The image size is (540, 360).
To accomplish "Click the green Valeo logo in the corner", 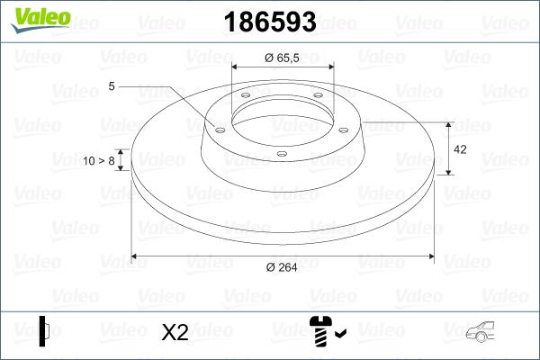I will (x=37, y=21).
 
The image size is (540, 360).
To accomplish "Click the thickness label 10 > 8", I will (x=99, y=160).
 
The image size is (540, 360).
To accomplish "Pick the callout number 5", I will (x=112, y=86).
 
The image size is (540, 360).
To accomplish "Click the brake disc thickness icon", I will (x=45, y=330).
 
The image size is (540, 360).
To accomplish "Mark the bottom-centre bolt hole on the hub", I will (x=281, y=154).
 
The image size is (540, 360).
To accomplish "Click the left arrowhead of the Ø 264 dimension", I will (x=136, y=256).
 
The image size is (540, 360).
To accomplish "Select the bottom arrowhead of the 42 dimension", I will (x=449, y=170).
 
